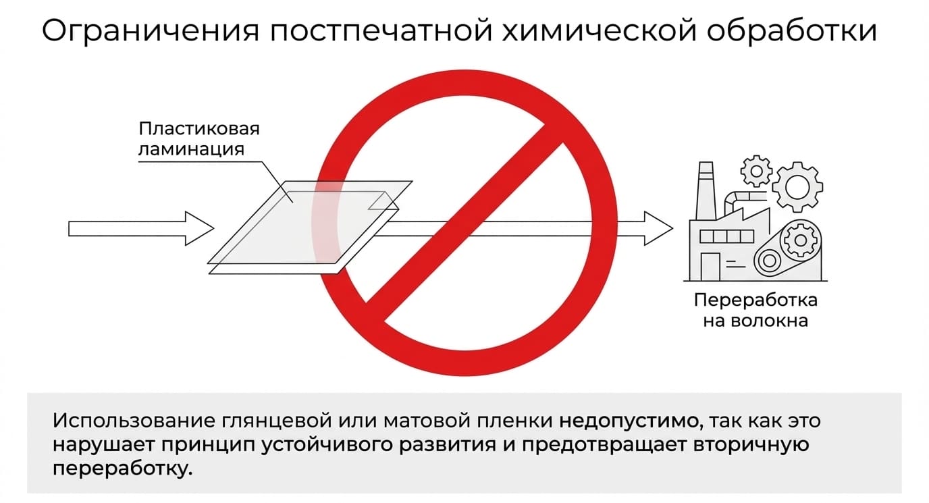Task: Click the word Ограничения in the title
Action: click(x=150, y=32)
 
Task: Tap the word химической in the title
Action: click(x=599, y=32)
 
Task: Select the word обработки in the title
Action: click(x=792, y=30)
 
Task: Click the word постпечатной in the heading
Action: click(x=381, y=32)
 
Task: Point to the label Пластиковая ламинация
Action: click(x=199, y=139)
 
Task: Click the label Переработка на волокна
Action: click(x=755, y=310)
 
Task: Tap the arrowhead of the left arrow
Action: click(x=199, y=228)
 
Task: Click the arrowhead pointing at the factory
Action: click(x=658, y=228)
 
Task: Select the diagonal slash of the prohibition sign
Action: click(x=464, y=223)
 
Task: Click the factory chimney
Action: click(x=706, y=190)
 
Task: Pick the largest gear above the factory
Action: click(x=797, y=187)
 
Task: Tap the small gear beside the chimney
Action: click(x=756, y=171)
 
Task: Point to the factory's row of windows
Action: click(x=726, y=237)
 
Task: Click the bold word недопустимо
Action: click(x=629, y=421)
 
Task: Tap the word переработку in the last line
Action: click(x=123, y=469)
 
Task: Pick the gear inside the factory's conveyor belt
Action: click(x=800, y=240)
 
